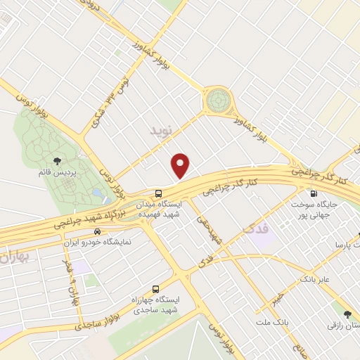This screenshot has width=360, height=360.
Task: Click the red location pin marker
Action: point(181,165)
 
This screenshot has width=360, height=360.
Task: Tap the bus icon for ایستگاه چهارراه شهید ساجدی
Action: point(155,288)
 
